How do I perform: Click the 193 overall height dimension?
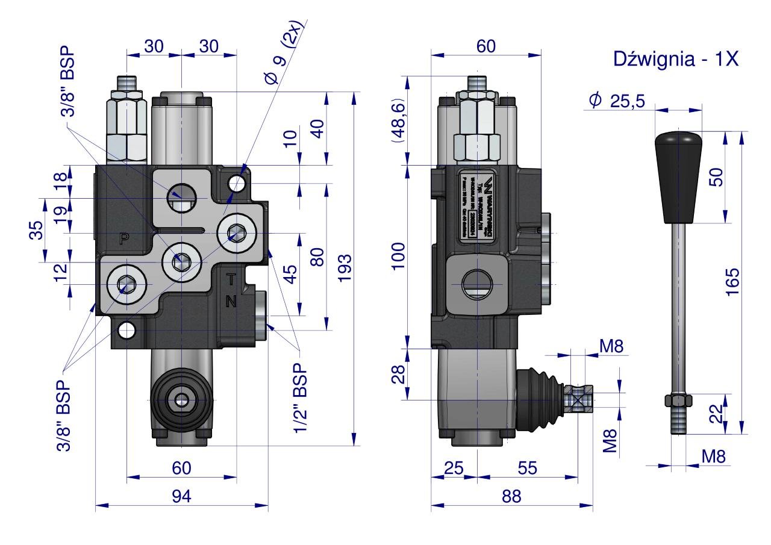[x=344, y=267]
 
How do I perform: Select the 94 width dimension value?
[x=181, y=496]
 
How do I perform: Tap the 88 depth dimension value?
[x=511, y=496]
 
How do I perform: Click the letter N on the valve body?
[x=231, y=302]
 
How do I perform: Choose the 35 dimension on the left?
[x=37, y=229]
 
